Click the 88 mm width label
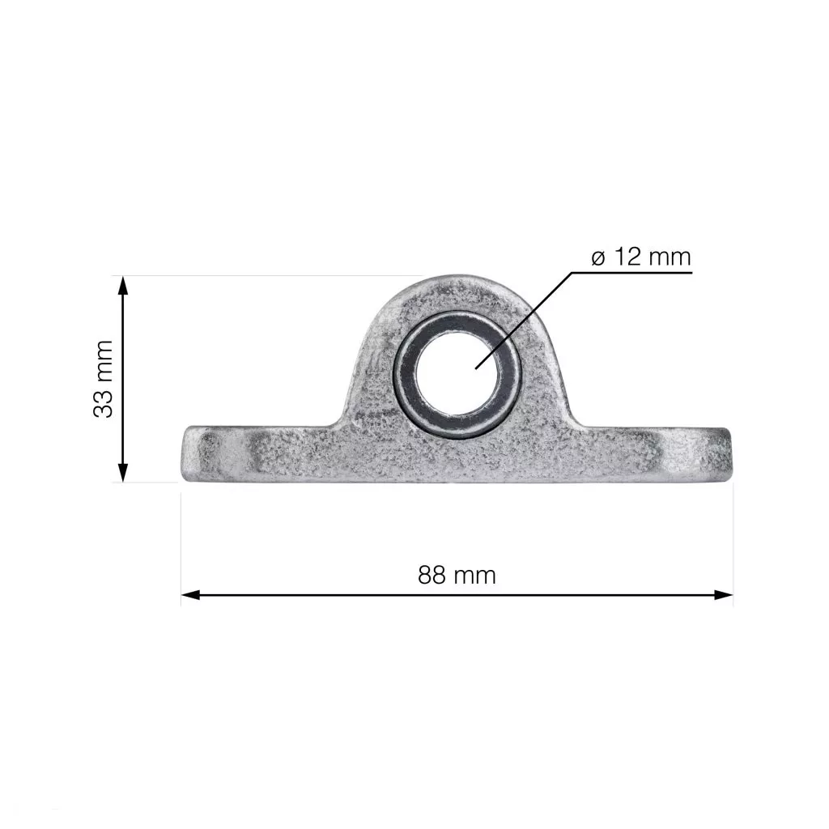pos(457,575)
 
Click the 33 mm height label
pos(103,379)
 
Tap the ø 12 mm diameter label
pos(641,257)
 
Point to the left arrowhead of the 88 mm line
pos(191,595)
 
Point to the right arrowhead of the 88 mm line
pos(723,595)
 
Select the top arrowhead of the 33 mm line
pos(123,286)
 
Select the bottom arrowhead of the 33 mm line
pos(123,473)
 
